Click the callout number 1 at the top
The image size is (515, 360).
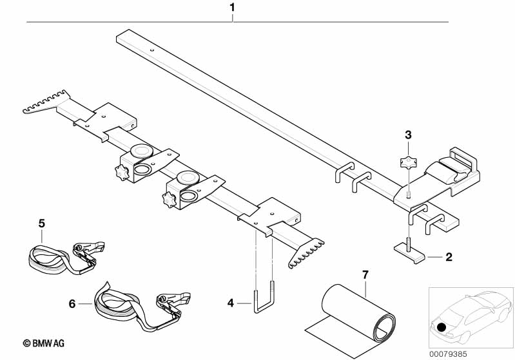pos(232,7)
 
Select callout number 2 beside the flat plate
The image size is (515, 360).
pos(449,256)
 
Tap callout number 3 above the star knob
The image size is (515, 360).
pos(408,135)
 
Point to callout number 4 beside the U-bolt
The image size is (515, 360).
pos(231,303)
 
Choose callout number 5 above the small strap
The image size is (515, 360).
pos(42,223)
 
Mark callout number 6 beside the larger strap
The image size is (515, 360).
pos(72,304)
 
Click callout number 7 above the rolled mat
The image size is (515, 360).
pos(365,275)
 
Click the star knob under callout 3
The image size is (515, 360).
pos(408,162)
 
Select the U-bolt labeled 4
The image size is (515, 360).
pos(264,297)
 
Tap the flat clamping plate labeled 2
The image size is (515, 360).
pos(409,252)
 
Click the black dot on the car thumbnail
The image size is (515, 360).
pos(442,327)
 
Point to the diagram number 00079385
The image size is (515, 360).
pos(448,354)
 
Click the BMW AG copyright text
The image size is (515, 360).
pos(44,343)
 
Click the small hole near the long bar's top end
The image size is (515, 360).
pos(151,50)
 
